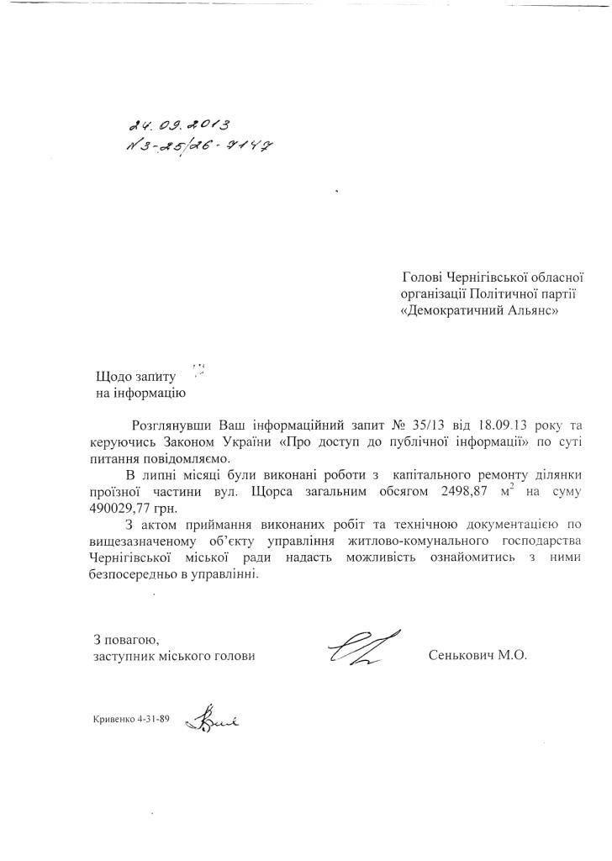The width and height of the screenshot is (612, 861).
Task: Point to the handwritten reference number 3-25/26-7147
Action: point(202,147)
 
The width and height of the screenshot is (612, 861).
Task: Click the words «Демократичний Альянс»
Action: point(478,309)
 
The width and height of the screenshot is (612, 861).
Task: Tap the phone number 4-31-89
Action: point(152,719)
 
